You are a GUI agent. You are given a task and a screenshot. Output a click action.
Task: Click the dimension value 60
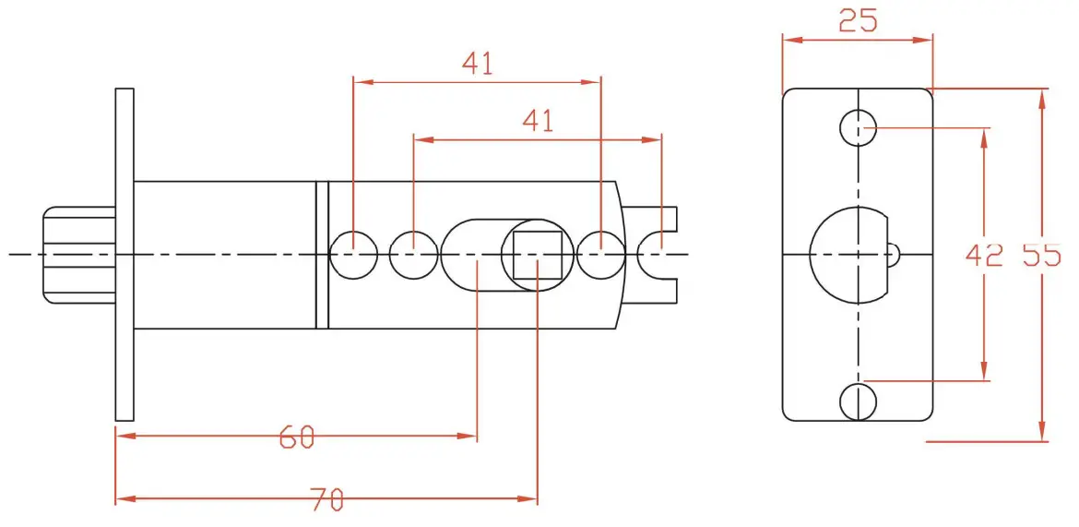coord(297,437)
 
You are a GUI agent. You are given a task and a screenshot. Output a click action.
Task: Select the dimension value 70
coord(326,499)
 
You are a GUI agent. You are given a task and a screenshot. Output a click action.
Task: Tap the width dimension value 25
coord(858,21)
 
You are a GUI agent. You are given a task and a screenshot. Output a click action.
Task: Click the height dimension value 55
coord(1042,255)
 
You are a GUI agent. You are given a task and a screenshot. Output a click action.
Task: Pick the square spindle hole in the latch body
coord(538,255)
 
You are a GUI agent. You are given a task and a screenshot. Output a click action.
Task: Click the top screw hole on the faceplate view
coord(859,127)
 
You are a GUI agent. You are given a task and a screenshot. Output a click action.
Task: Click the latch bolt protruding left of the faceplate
coord(78,254)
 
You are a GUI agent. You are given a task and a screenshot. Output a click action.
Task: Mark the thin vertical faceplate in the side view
coord(125,254)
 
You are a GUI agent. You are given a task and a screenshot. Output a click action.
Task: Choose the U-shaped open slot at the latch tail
coord(660,254)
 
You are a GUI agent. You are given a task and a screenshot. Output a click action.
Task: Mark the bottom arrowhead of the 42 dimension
coord(985,371)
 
